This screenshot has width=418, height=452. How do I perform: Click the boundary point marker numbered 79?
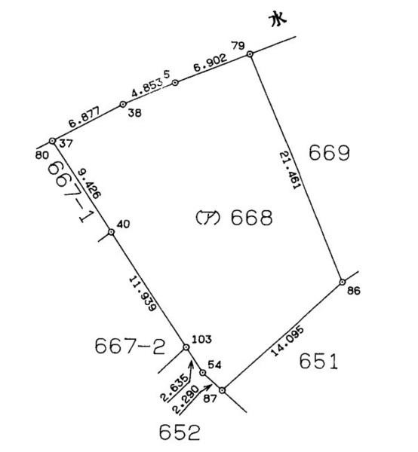pyautogui.click(x=250, y=54)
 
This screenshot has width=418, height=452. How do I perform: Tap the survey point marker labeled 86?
pyautogui.click(x=342, y=282)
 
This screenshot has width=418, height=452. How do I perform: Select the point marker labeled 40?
pyautogui.click(x=111, y=232)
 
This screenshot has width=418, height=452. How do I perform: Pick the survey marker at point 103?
pyautogui.click(x=186, y=347)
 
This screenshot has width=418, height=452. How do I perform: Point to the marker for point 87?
pyautogui.click(x=222, y=390)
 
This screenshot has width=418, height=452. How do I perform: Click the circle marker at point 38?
pyautogui.click(x=123, y=105)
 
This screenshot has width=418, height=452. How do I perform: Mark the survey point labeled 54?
pyautogui.click(x=203, y=373)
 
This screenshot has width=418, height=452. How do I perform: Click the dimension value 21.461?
pyautogui.click(x=290, y=171)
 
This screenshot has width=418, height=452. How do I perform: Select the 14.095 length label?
pyautogui.click(x=287, y=341)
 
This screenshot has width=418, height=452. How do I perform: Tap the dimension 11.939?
pyautogui.click(x=143, y=294)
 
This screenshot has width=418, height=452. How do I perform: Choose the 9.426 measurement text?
pyautogui.click(x=90, y=184)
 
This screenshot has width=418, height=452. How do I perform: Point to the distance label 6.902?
pyautogui.click(x=211, y=63)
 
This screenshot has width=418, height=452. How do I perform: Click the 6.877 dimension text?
pyautogui.click(x=84, y=117)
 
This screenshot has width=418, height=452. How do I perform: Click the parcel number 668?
pyautogui.click(x=251, y=218)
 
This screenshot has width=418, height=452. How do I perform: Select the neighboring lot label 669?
pyautogui.click(x=329, y=153)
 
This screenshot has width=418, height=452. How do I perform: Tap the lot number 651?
pyautogui.click(x=318, y=362)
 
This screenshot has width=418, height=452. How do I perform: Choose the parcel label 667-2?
pyautogui.click(x=130, y=347)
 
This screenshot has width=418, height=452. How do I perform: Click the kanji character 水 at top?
pyautogui.click(x=278, y=20)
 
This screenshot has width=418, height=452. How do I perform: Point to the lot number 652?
pyautogui.click(x=180, y=432)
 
